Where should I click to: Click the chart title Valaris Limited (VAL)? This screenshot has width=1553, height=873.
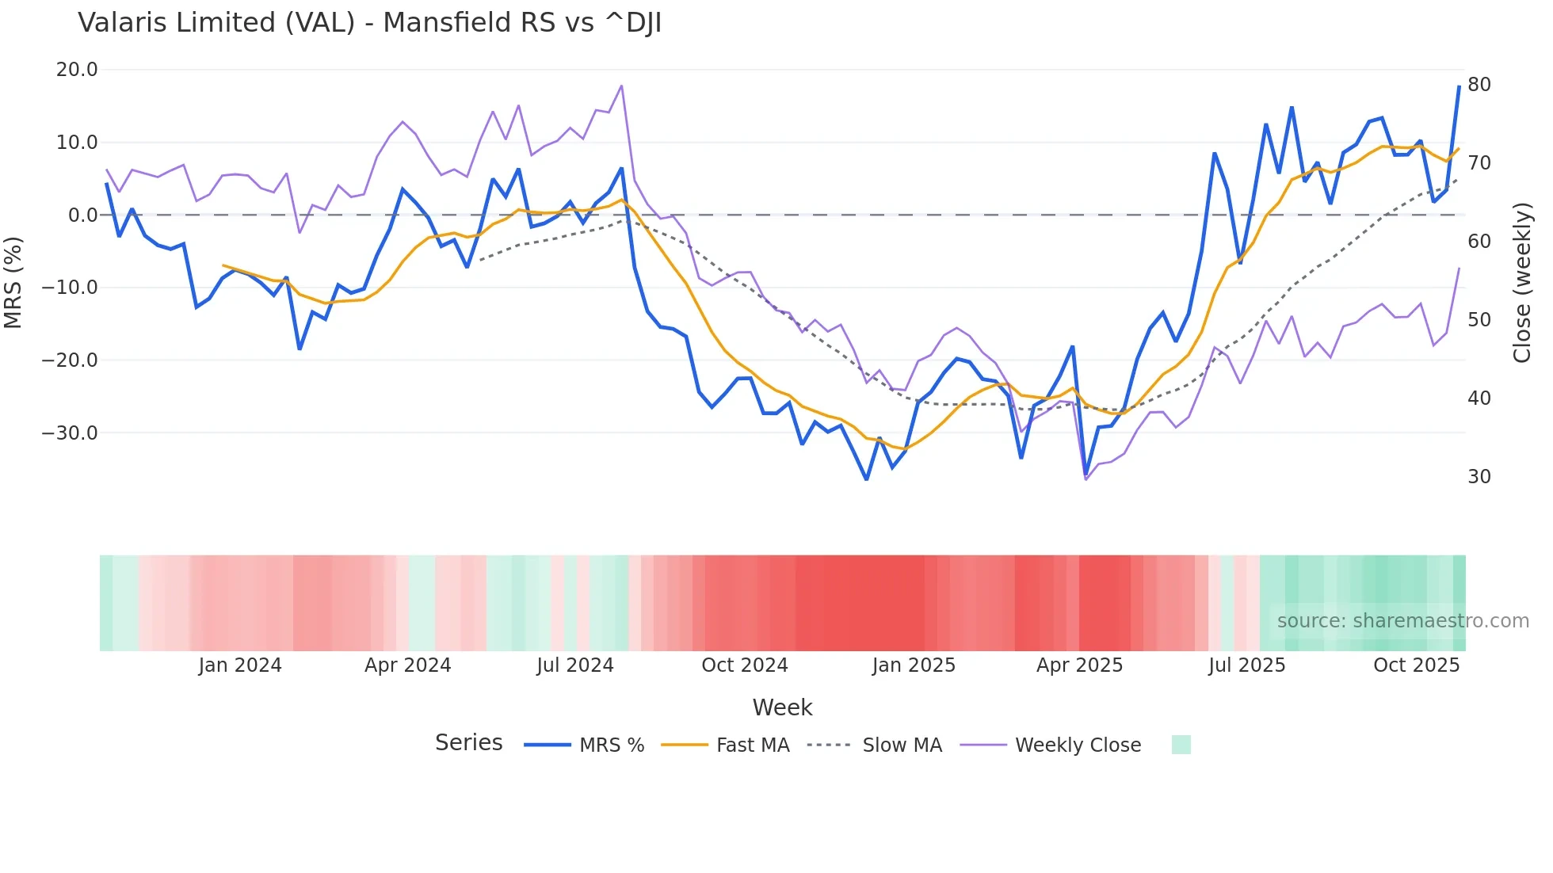tap(369, 23)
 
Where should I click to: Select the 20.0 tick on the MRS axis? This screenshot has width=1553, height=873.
tap(77, 70)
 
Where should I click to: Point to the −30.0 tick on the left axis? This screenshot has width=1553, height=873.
tap(70, 433)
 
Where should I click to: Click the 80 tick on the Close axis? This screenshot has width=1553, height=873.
tap(1479, 85)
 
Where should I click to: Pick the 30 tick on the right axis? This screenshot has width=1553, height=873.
tap(1479, 477)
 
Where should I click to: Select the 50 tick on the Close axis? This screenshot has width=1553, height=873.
tap(1479, 320)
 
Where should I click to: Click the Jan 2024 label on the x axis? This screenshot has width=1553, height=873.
tap(239, 665)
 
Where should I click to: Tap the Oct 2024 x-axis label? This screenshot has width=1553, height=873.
tap(744, 665)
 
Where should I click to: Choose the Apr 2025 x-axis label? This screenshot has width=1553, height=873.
tap(1079, 665)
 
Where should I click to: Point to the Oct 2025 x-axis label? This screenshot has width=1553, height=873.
tap(1416, 665)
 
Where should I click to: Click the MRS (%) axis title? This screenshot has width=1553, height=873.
tap(13, 282)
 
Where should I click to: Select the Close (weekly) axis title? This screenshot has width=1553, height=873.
tap(1521, 283)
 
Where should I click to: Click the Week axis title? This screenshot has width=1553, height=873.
tap(782, 707)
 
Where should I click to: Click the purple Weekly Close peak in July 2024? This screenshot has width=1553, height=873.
tap(621, 86)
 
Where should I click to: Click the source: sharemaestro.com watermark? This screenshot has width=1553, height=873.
tap(1402, 621)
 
